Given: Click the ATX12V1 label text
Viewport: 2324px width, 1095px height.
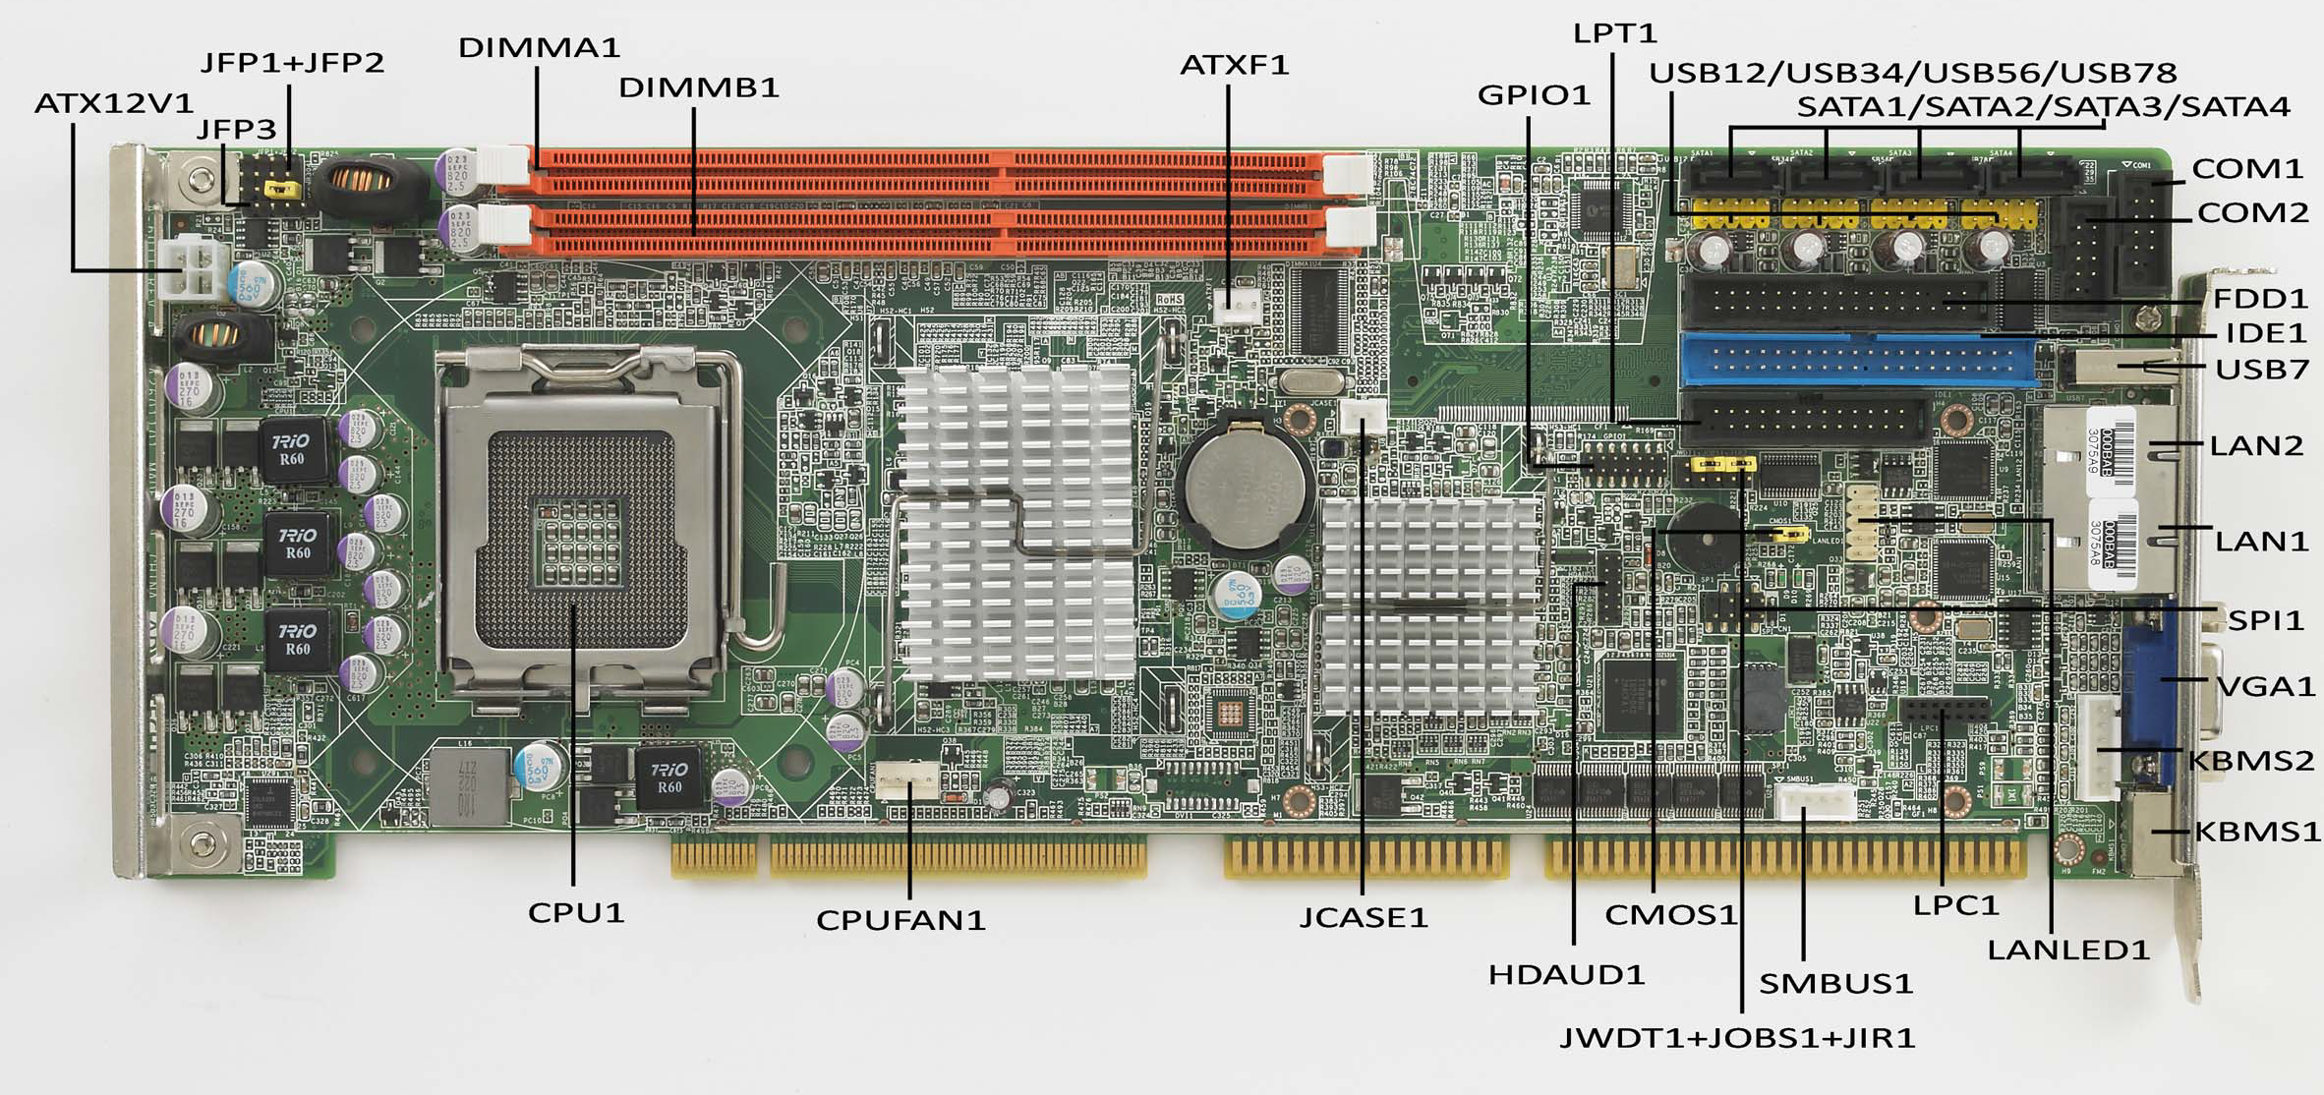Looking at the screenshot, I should pos(114,103).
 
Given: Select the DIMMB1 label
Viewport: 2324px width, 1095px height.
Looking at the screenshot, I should pos(699,88).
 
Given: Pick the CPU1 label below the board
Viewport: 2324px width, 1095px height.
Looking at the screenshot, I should pos(576,913).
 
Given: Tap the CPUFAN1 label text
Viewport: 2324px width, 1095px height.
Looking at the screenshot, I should pos(901,921).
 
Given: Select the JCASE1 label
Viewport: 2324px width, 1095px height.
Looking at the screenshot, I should pos(1363,918).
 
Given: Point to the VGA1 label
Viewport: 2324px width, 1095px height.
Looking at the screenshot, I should pos(2267,685).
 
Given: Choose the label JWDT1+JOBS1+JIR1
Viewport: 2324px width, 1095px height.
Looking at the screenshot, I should pos(1737,1038).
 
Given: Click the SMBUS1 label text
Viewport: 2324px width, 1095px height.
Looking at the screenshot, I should pos(1835,984).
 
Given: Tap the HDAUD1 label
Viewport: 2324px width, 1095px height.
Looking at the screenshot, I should pos(1566,975).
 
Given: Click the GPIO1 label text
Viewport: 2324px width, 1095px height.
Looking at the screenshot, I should pos(1534,95).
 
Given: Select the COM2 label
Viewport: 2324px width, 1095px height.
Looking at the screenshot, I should pos(2252,212).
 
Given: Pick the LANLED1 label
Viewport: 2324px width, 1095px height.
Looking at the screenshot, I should pos(2068,950).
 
